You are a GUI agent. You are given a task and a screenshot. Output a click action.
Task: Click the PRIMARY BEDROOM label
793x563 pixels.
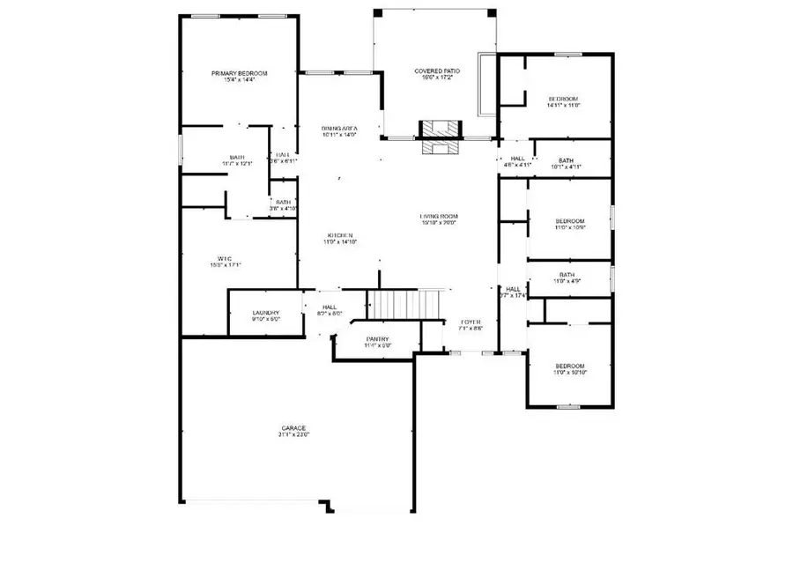pyautogui.click(x=239, y=73)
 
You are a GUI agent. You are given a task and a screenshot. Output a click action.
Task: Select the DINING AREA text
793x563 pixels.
pyautogui.click(x=338, y=129)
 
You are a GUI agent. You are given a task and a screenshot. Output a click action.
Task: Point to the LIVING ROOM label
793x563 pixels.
pyautogui.click(x=438, y=216)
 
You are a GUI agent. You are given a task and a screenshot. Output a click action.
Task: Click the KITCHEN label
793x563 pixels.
pyautogui.click(x=340, y=235)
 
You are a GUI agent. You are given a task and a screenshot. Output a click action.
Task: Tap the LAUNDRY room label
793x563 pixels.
pyautogui.click(x=265, y=313)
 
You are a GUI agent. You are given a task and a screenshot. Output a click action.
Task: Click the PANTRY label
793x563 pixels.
pyautogui.click(x=377, y=339)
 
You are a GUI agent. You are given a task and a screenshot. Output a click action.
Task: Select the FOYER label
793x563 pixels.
pyautogui.click(x=471, y=322)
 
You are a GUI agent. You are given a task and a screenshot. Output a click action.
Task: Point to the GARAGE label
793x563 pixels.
pyautogui.click(x=294, y=428)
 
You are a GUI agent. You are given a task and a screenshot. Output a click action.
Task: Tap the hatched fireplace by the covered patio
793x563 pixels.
pyautogui.click(x=438, y=137)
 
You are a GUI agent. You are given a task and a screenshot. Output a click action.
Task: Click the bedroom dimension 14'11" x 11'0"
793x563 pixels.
pyautogui.click(x=563, y=105)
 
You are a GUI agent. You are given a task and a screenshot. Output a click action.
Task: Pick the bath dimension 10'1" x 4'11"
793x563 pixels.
pyautogui.click(x=567, y=167)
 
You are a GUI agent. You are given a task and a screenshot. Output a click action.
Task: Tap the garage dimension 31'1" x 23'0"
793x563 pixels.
pyautogui.click(x=294, y=434)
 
